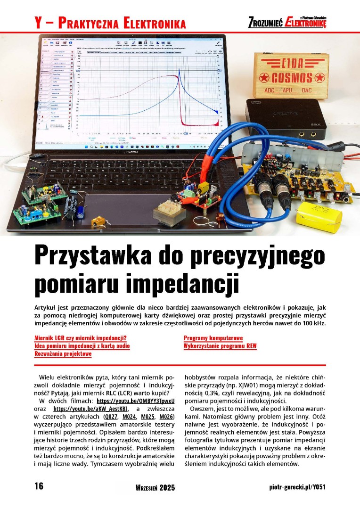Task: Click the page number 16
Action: point(39,486)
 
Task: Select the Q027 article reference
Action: point(111,417)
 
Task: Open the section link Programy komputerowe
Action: point(213,338)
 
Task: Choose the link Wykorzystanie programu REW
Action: point(221,346)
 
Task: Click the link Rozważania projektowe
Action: point(63,353)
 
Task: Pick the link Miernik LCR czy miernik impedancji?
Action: point(81,338)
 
